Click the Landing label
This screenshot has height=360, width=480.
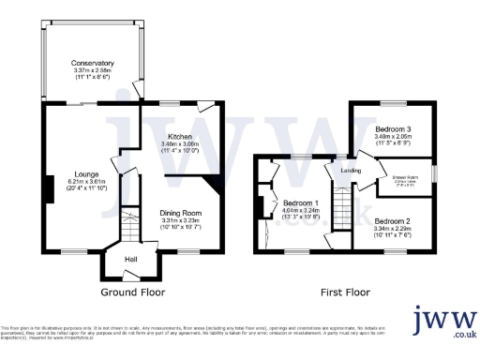351,171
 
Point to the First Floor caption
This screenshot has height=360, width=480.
346,292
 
